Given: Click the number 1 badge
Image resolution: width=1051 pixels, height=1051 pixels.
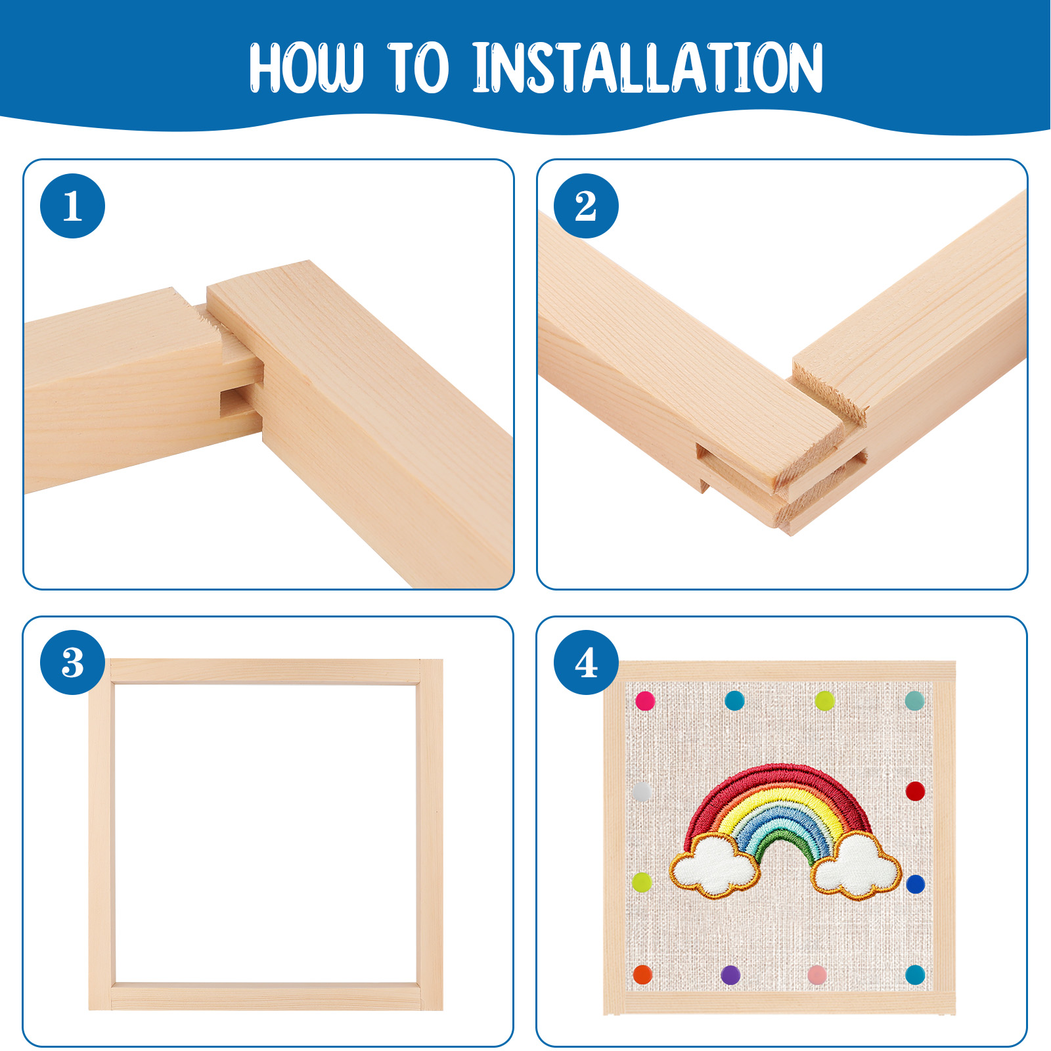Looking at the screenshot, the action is coord(72,206).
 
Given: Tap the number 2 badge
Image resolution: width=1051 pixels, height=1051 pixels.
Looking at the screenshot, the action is coord(586,206).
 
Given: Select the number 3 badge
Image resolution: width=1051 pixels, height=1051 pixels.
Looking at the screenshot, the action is coord(72,663).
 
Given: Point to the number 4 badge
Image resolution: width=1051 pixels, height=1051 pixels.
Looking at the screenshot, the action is coord(586,663).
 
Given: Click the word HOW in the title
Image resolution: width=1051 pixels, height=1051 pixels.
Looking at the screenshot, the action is coord(306,68).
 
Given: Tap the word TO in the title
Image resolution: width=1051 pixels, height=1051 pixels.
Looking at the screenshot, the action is coord(418,68).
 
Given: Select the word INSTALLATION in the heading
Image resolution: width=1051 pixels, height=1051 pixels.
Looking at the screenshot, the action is coord(648,68).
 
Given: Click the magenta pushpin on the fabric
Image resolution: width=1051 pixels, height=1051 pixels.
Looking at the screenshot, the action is coord(645,701).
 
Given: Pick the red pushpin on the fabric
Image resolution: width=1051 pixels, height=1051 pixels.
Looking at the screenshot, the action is coord(915,791).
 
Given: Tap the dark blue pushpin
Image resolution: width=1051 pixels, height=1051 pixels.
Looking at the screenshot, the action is coord(915,884).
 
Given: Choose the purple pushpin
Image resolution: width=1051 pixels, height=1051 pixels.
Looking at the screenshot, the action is coord(730,975).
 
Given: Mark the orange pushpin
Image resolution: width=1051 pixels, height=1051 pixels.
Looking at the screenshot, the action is coord(642,975).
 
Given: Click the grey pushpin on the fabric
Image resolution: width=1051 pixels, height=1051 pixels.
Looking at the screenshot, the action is coord(642,792).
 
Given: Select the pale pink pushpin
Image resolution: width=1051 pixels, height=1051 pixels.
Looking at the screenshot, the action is coord(817,975).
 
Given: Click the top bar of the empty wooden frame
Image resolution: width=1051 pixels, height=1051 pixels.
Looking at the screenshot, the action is coord(265,672).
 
